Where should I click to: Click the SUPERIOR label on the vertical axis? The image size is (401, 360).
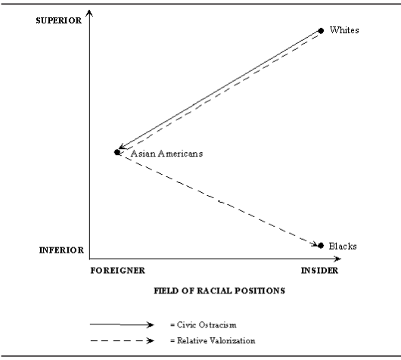(58, 20)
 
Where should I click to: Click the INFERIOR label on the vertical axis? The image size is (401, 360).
(61, 250)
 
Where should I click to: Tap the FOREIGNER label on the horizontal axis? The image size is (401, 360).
(117, 271)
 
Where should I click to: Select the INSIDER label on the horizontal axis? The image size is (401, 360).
(319, 271)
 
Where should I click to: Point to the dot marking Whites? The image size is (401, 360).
(321, 31)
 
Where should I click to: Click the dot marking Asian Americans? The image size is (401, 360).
(117, 152)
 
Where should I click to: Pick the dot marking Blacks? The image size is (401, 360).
(321, 246)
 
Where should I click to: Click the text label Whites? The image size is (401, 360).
(344, 30)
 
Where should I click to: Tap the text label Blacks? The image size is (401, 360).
(343, 246)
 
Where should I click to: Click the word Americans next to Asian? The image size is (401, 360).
(180, 154)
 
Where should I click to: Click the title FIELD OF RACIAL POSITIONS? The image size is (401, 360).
(219, 290)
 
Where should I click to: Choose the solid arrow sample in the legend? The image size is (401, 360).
(122, 324)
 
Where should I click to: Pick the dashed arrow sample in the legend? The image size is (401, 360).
(122, 340)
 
